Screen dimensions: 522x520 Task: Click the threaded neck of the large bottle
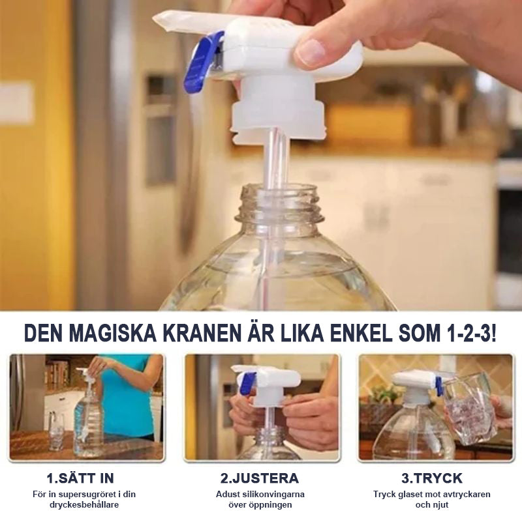[x=279, y=202]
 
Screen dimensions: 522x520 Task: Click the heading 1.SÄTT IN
[x=80, y=478]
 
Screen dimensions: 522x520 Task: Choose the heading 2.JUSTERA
[x=259, y=478]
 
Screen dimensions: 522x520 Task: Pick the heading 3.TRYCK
[x=432, y=478]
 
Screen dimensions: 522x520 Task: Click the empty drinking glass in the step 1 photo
[x=57, y=431]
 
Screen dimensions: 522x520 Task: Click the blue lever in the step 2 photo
[x=249, y=383]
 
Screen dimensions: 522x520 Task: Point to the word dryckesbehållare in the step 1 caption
[x=84, y=505]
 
